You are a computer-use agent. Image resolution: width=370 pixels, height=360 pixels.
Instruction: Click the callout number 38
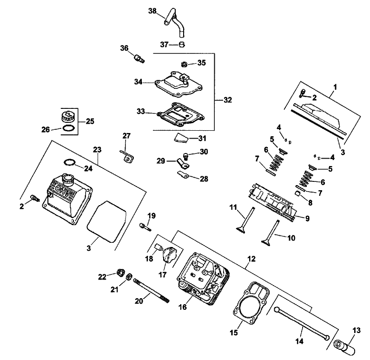[152, 10]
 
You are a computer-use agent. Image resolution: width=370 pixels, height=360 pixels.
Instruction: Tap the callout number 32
[227, 100]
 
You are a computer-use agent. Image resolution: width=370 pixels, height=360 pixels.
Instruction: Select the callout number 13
[356, 330]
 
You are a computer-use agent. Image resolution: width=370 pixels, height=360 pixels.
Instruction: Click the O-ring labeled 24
[69, 162]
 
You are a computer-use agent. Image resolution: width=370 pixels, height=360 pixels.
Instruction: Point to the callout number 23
[97, 150]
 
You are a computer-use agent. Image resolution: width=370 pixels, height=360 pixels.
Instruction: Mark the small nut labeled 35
[184, 63]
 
